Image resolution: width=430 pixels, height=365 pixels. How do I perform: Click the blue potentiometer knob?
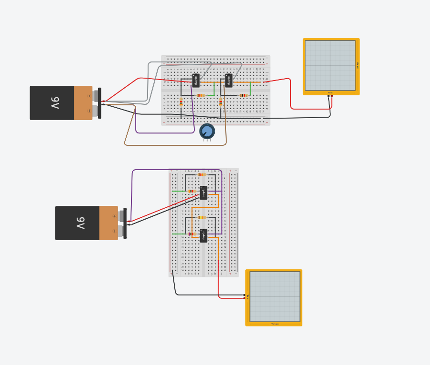pos(207,131)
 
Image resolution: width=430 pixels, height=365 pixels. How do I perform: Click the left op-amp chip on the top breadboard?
pos(196,81)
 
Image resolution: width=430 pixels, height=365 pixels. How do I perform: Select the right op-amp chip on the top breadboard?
pos(229,81)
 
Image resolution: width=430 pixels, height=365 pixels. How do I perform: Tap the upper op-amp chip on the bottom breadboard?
pos(204,193)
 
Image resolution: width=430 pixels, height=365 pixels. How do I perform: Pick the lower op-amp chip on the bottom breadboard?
pos(204,235)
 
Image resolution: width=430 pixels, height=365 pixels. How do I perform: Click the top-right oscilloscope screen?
pos(330,65)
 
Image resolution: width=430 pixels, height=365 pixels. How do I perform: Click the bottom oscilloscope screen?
pos(275,296)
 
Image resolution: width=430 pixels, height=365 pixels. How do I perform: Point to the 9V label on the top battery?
pos(55,103)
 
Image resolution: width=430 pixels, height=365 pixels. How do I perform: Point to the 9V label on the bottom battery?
pos(80,223)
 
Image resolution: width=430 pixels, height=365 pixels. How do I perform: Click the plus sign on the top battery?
pos(89,96)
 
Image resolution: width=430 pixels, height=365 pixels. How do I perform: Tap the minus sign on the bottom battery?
pos(114,231)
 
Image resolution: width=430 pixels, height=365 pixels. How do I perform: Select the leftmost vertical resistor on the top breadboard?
pos(181,102)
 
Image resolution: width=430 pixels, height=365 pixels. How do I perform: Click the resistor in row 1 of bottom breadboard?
pos(201,175)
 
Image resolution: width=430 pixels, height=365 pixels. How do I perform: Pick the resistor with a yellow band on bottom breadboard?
pos(201,217)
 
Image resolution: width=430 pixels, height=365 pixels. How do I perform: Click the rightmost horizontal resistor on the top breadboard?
pos(243,95)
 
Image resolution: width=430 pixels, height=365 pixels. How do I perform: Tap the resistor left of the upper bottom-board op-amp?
pos(192,191)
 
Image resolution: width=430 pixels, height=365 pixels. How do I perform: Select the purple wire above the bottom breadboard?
pos(176,170)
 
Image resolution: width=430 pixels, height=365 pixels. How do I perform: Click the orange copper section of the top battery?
pos(83,103)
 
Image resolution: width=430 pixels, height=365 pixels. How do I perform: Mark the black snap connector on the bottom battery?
pos(125,223)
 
